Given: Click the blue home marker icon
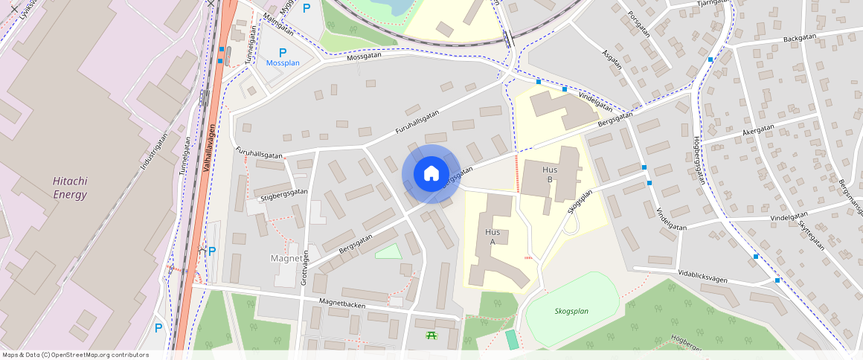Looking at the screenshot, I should pyautogui.click(x=431, y=174).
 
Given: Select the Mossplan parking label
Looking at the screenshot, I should pyautogui.click(x=283, y=63).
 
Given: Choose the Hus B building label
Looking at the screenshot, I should pyautogui.click(x=550, y=174).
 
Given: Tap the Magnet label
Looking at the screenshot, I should pyautogui.click(x=287, y=258).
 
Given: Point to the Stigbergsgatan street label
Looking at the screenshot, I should pyautogui.click(x=284, y=196).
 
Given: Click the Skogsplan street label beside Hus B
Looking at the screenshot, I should pyautogui.click(x=580, y=202).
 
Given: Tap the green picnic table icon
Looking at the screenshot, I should pyautogui.click(x=431, y=335).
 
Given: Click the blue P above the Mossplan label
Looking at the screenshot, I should pyautogui.click(x=282, y=52).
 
